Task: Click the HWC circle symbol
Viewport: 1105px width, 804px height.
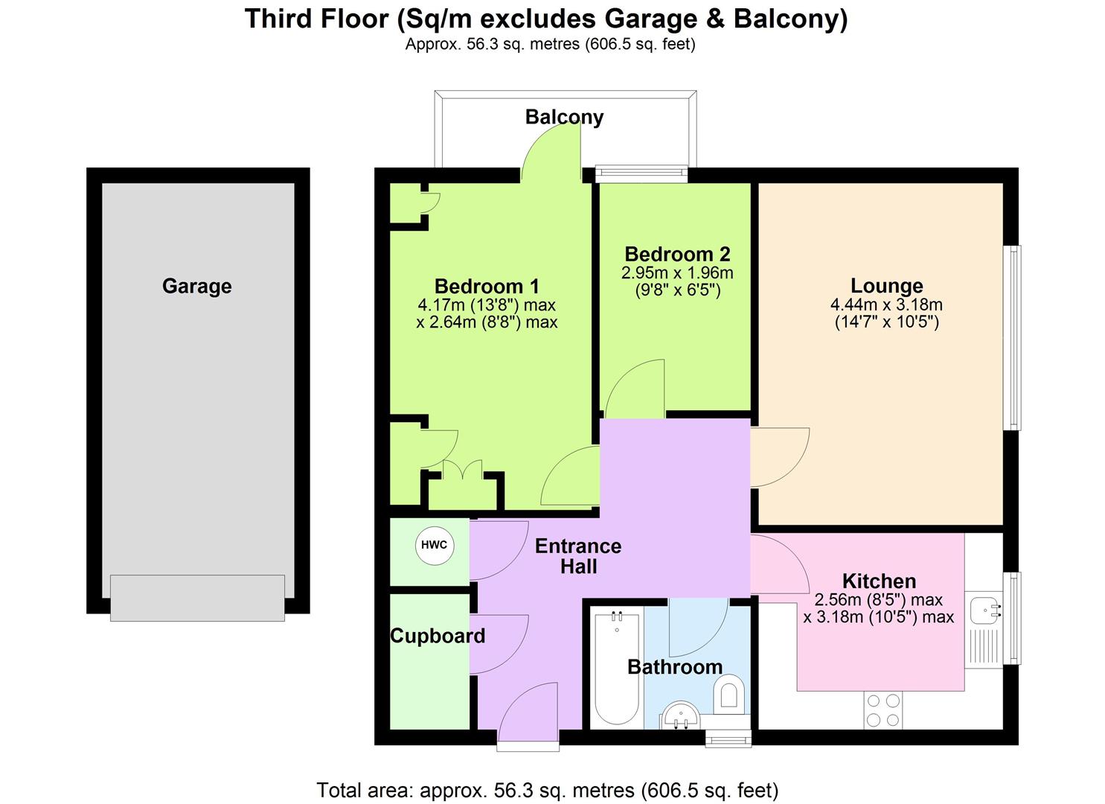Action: tap(435, 545)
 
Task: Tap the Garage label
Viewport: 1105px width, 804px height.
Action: tap(196, 286)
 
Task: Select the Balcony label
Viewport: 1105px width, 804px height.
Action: tap(564, 117)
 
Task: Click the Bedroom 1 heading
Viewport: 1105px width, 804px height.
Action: tap(487, 286)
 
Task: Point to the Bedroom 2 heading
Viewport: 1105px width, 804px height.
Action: tap(677, 254)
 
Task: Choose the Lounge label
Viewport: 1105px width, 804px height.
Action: tap(886, 286)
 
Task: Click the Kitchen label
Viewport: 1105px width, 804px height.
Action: tap(879, 581)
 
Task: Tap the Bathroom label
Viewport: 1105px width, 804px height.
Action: tap(675, 666)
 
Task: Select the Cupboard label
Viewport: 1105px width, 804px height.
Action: tap(438, 636)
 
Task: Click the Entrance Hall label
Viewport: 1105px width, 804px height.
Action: tap(578, 556)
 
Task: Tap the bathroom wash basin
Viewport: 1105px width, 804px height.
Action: tap(679, 716)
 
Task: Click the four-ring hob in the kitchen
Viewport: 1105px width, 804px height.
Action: tap(883, 709)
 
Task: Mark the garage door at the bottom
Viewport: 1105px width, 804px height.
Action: tap(197, 597)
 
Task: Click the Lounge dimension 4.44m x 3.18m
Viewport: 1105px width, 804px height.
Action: tap(886, 304)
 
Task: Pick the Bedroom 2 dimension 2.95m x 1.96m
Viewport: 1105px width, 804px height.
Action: tap(677, 272)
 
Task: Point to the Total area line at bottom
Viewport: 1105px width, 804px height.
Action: tap(548, 789)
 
